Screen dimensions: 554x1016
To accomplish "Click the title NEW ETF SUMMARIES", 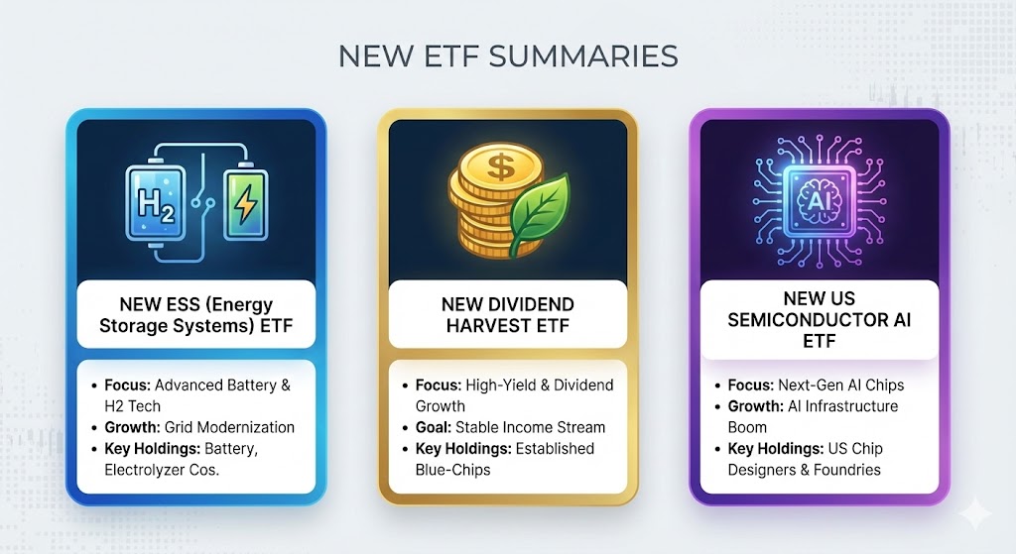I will pos(507,55).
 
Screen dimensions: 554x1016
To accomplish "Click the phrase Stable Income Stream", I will pos(530,427).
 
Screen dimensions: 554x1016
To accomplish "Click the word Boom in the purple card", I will pos(747,427).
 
